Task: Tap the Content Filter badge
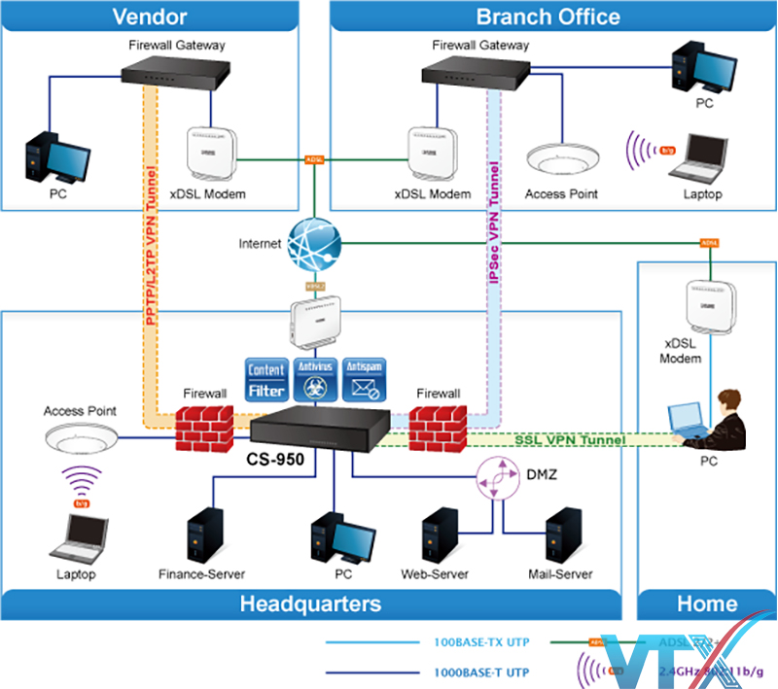266,379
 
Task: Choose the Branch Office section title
548,16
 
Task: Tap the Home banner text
707,603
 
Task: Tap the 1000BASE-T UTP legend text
481,672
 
